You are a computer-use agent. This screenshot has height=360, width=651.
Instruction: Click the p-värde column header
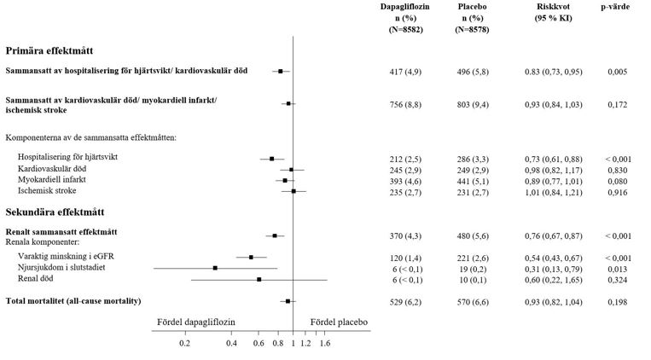(x=614, y=6)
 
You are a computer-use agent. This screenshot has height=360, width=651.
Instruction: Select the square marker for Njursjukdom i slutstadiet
(x=215, y=268)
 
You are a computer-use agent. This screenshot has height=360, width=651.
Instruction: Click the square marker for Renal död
(x=259, y=279)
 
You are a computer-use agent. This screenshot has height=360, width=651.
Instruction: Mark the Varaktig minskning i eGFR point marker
(x=251, y=257)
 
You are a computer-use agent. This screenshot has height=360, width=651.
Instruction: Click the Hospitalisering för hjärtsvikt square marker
(x=271, y=159)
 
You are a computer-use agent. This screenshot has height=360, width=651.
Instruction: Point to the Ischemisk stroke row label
(x=50, y=191)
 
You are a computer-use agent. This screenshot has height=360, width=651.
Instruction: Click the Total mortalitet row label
(x=73, y=301)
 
